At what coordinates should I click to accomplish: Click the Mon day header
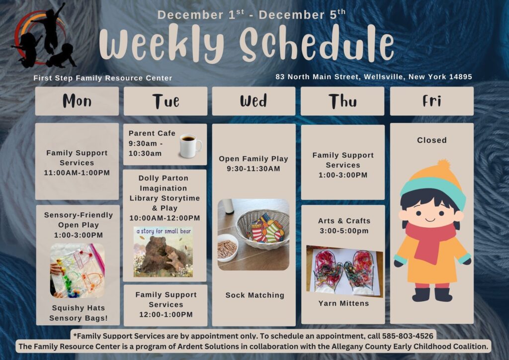(77, 101)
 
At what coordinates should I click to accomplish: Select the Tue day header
(166, 101)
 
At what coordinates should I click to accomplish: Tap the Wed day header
(254, 101)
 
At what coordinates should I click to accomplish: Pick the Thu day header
(342, 101)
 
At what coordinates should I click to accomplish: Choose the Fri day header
(432, 101)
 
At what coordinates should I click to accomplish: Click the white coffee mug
(190, 146)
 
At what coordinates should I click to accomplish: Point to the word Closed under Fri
(432, 140)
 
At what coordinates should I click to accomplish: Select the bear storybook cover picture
(163, 252)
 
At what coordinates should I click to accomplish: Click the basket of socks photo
(254, 235)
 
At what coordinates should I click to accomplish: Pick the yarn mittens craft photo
(344, 271)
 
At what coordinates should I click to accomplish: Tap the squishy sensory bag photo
(77, 270)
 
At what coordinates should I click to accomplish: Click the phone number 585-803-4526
(408, 336)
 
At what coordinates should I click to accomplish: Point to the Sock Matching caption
(255, 295)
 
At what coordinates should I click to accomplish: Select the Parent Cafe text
(152, 133)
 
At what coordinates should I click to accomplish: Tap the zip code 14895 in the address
(461, 77)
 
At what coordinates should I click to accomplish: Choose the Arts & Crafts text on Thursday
(344, 221)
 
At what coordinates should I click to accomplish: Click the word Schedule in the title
(317, 43)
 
